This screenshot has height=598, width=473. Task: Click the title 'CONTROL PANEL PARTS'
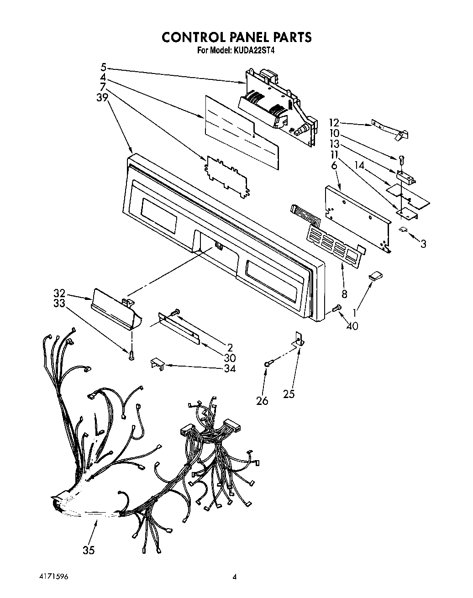pyautogui.click(x=236, y=37)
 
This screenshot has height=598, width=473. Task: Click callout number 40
pyautogui.click(x=352, y=326)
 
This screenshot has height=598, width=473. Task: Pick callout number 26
pyautogui.click(x=262, y=401)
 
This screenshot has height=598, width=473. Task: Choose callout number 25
pyautogui.click(x=289, y=393)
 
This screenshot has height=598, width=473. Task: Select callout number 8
pyautogui.click(x=344, y=294)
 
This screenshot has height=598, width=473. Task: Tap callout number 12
pyautogui.click(x=334, y=122)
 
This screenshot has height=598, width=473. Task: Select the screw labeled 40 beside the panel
pyautogui.click(x=337, y=309)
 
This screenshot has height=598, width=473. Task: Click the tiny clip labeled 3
pyautogui.click(x=404, y=230)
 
